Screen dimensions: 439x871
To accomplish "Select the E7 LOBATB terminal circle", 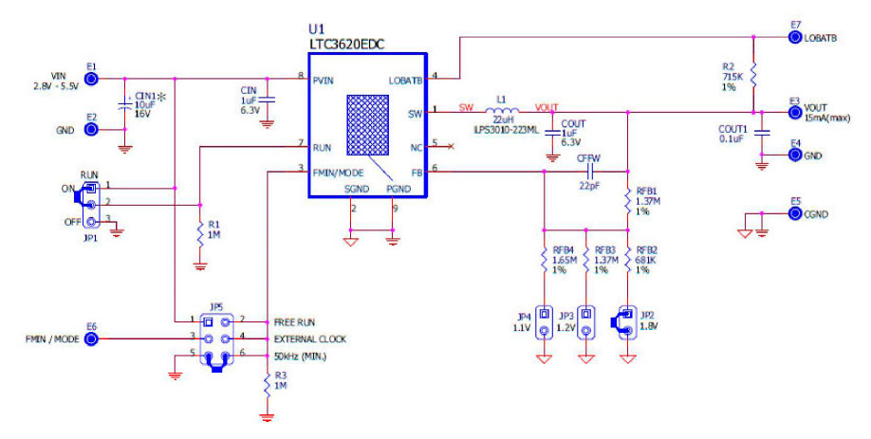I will point(795,37).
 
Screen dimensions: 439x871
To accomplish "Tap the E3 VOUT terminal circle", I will point(795,111).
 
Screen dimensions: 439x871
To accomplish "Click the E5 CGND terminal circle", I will point(795,214).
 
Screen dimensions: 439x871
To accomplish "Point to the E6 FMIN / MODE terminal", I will point(91,338).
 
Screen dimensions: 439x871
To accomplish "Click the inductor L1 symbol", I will point(502,108).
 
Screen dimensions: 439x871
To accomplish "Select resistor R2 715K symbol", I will point(752,73).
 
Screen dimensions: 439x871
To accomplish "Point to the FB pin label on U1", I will point(415,172).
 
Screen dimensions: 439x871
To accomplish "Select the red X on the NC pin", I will point(449,146).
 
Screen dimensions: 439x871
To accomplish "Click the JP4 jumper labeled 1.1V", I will point(545,322).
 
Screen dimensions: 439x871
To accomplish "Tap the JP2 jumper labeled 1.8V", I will point(628,322).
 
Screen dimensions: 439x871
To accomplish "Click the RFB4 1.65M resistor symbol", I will point(545,260).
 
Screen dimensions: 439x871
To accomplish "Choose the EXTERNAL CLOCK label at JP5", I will point(309,338).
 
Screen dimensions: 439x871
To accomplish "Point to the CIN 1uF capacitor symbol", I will point(267,98).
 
